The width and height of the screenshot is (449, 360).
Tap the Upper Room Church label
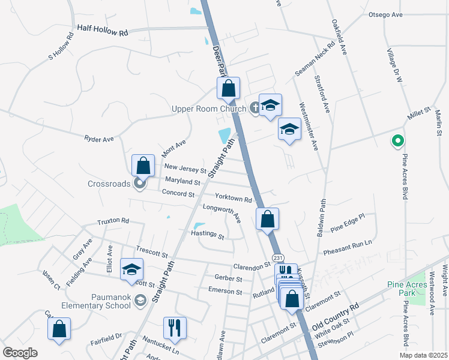tap(209, 109)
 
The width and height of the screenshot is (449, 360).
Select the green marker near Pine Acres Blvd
tap(397, 142)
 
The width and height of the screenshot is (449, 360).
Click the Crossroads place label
tap(109, 184)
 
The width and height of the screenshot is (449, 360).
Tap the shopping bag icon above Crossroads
tap(143, 165)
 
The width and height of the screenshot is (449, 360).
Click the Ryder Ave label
tap(99, 139)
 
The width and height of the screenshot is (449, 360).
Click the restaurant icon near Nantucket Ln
tap(175, 328)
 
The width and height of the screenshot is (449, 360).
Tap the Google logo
tap(20, 353)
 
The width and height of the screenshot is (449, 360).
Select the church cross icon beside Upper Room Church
tap(255, 109)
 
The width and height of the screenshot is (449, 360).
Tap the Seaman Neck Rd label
tap(315, 59)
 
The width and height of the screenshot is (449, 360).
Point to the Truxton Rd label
tap(113, 221)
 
